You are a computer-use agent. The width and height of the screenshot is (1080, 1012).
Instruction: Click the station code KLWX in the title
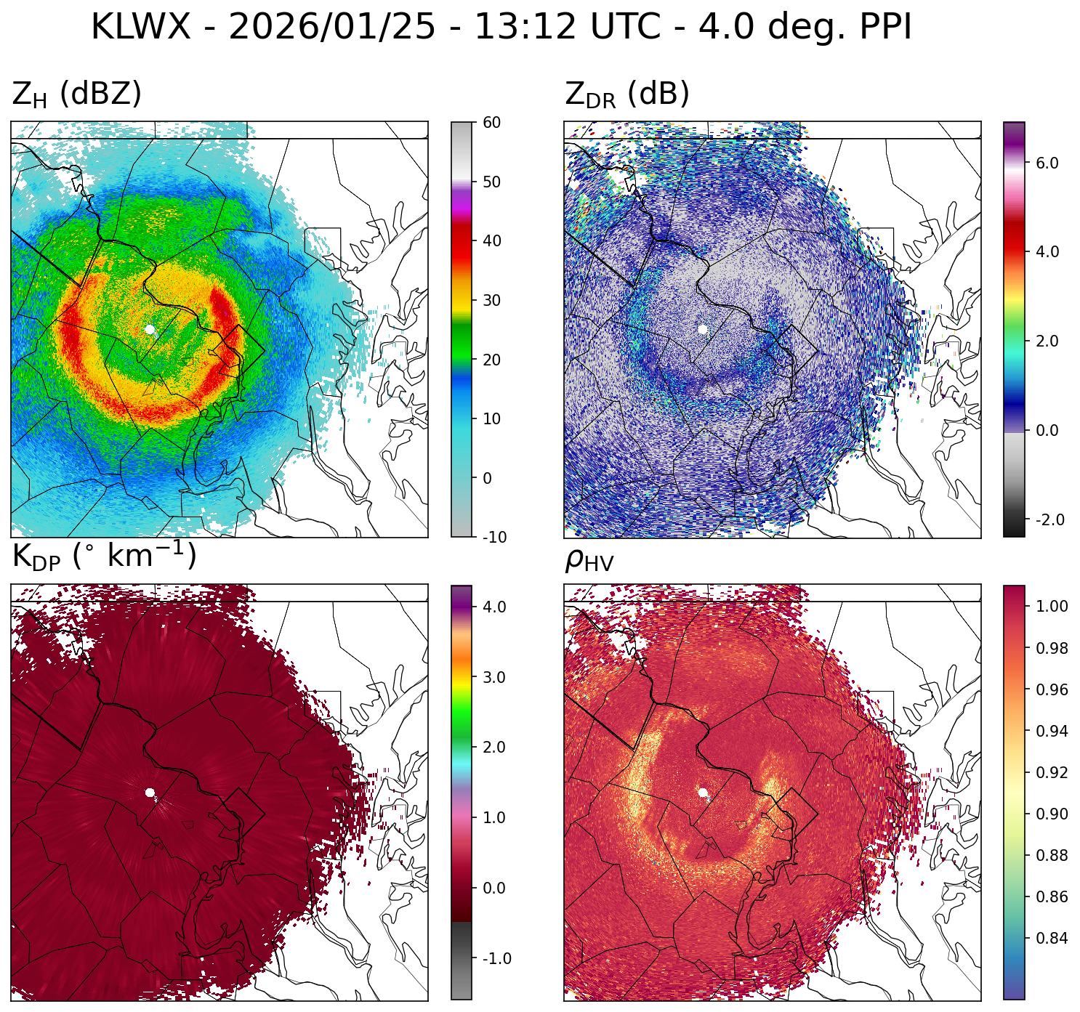coord(140,28)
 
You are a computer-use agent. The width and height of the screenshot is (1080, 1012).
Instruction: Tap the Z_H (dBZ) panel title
coord(76,94)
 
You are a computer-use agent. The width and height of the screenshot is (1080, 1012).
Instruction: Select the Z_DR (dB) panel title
coord(626,94)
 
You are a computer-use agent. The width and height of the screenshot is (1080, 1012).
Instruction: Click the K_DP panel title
coord(104,556)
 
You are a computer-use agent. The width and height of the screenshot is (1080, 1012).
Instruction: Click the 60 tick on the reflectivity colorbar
coord(492,122)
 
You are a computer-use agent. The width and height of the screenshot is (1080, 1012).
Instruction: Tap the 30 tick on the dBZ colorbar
coord(492,300)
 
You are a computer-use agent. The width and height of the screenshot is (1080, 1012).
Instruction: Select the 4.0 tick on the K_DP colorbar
coord(494,607)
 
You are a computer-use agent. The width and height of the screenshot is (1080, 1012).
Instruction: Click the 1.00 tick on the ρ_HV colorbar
coord(1052,606)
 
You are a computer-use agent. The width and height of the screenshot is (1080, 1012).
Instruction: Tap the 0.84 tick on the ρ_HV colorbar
coord(1052,938)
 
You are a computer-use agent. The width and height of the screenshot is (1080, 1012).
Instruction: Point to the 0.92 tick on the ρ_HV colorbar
coord(1052,772)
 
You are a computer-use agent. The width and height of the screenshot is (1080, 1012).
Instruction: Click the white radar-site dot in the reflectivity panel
coord(150,329)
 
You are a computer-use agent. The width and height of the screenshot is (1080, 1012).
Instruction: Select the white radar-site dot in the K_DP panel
coord(150,793)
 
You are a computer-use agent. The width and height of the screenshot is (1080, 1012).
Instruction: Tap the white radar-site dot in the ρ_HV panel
coord(703,793)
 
